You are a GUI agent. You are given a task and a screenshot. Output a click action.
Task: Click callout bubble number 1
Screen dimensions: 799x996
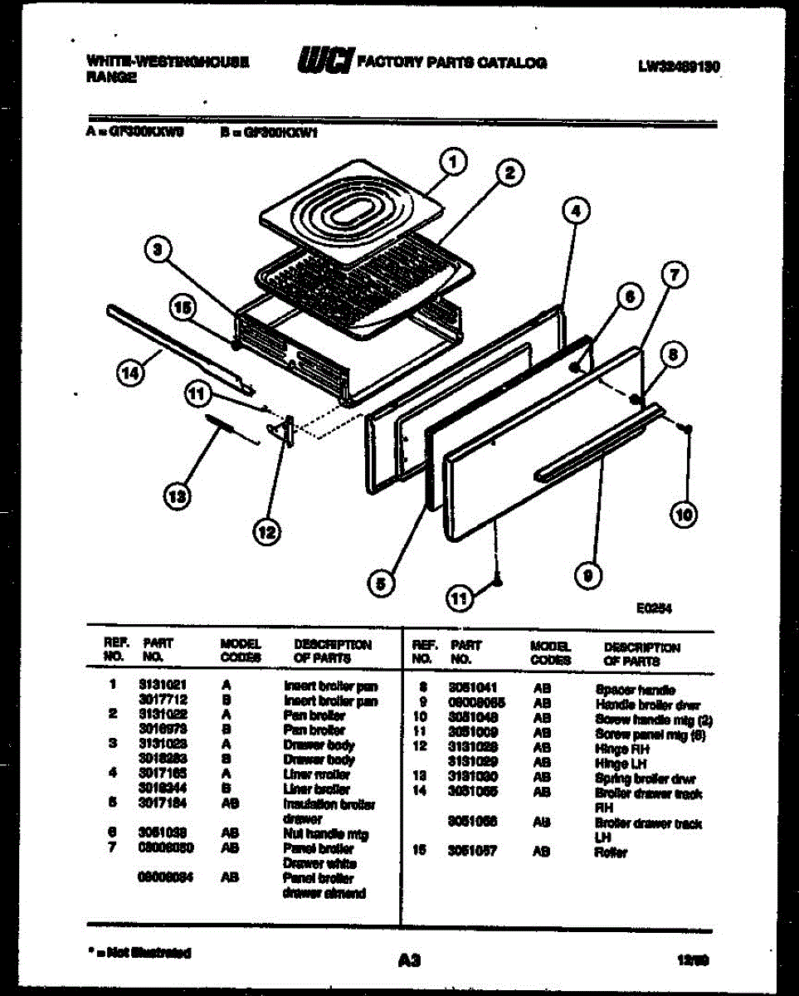pos(452,164)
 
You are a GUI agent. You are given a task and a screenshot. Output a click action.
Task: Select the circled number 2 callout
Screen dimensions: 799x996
pos(509,173)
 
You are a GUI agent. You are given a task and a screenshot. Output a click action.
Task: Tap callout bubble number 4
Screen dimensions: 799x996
pos(574,212)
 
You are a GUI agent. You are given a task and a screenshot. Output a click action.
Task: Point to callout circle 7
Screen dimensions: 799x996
pos(675,275)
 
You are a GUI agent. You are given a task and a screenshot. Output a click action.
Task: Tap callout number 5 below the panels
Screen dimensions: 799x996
pos(380,583)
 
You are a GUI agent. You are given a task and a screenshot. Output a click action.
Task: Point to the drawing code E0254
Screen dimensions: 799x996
pos(654,608)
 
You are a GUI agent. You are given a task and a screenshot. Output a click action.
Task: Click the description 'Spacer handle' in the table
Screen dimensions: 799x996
pos(635,690)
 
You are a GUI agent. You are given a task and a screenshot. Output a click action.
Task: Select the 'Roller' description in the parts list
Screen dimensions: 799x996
pos(611,852)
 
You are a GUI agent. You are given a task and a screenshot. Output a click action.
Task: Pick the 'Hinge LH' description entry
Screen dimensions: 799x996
pos(615,763)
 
